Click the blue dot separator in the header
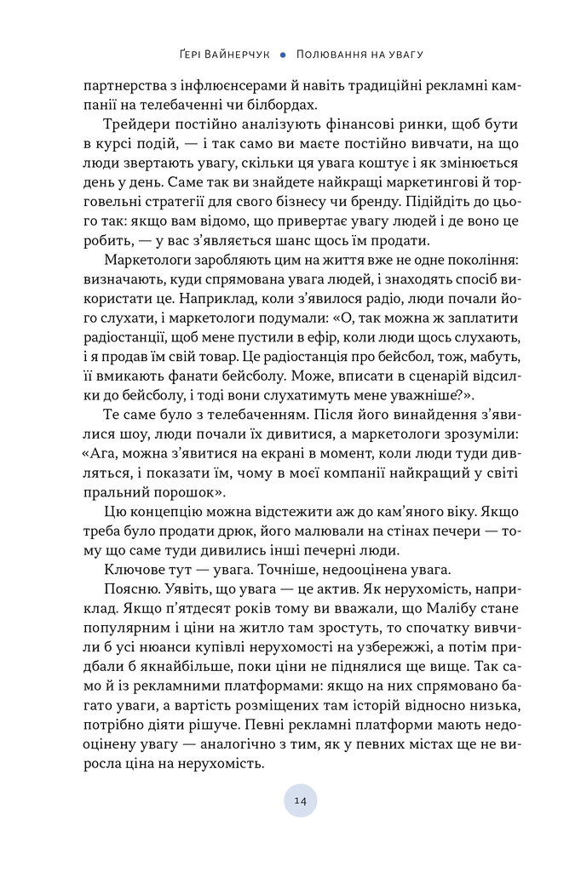pos(282,54)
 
